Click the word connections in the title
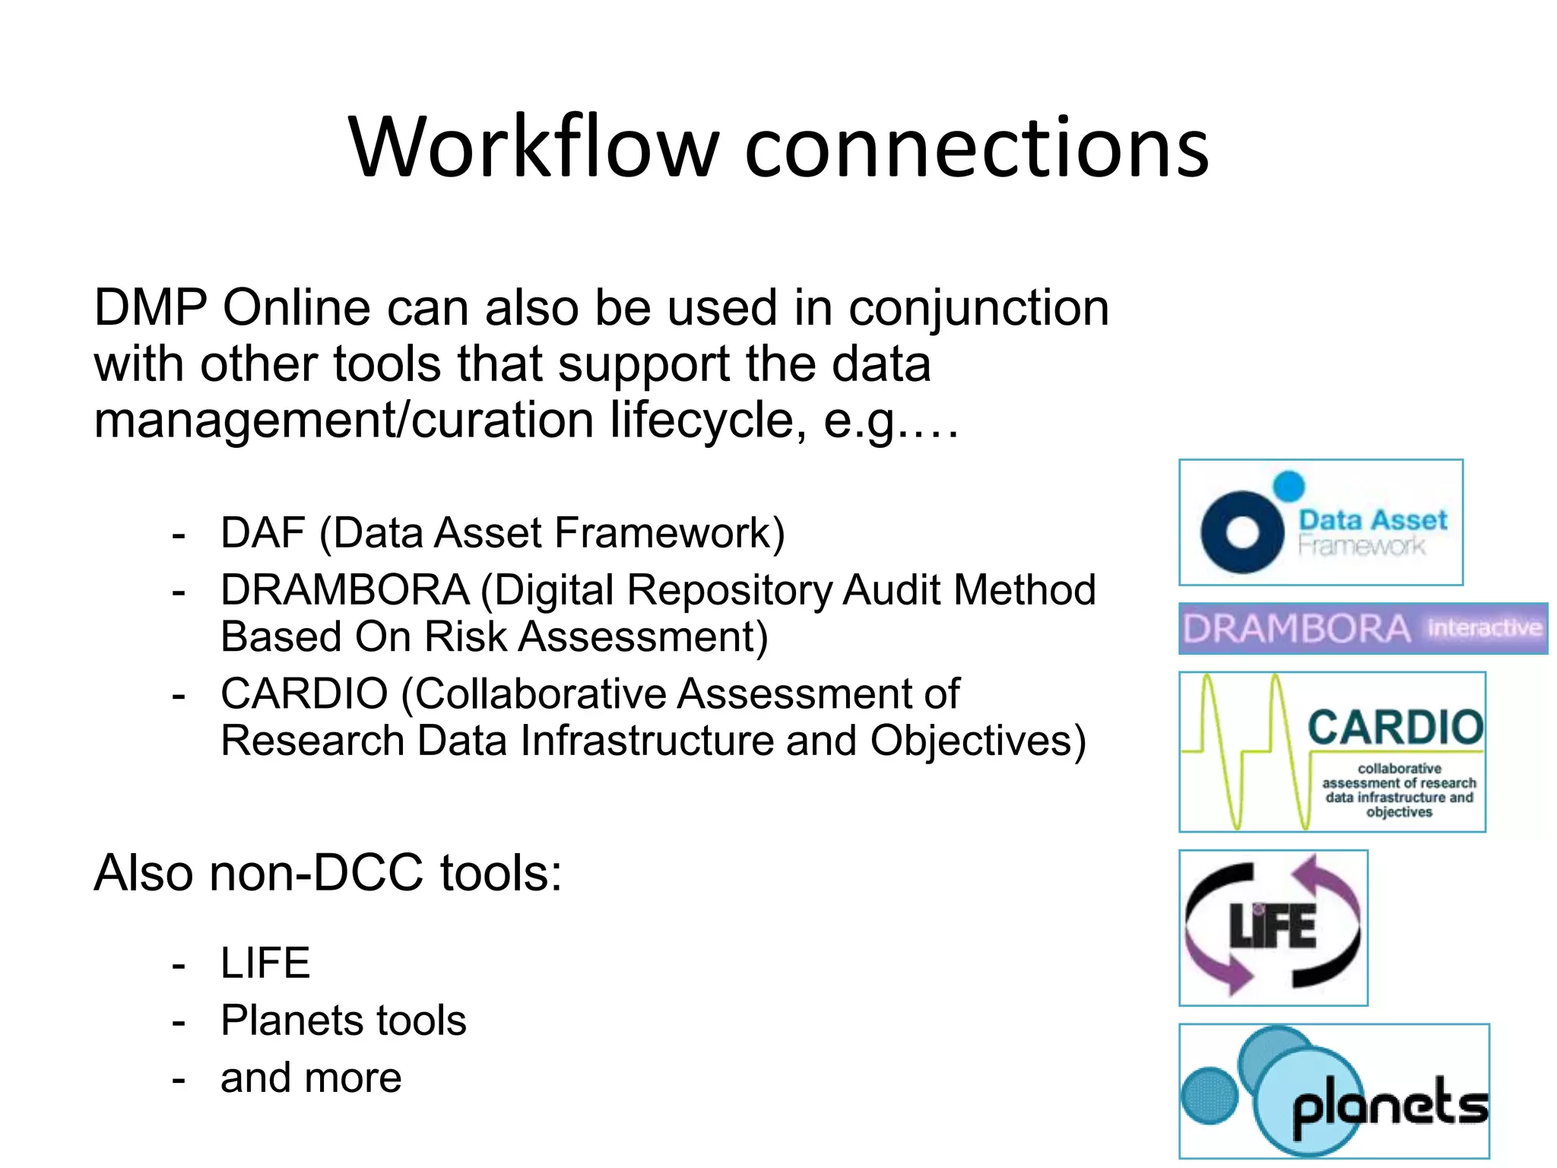tap(976, 148)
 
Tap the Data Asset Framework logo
tap(1321, 522)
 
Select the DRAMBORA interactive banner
tap(1362, 629)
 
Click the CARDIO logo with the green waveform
tap(1332, 751)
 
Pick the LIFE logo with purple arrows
tap(1273, 928)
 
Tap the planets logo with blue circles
tap(1334, 1090)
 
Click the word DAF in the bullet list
tap(263, 532)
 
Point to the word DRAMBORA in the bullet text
tap(344, 590)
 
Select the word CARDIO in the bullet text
tap(304, 693)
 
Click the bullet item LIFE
tap(265, 963)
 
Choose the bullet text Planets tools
tap(343, 1020)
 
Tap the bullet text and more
tap(311, 1078)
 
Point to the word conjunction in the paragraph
tap(978, 309)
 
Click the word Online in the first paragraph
tap(297, 308)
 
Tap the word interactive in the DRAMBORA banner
tap(1484, 628)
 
